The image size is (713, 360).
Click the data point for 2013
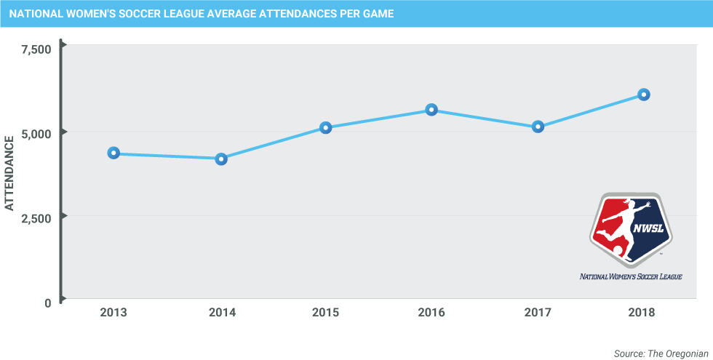pyautogui.click(x=113, y=153)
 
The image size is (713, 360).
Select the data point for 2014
pyautogui.click(x=221, y=159)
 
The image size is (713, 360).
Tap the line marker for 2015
pyautogui.click(x=326, y=127)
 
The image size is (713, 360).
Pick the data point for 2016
pyautogui.click(x=431, y=110)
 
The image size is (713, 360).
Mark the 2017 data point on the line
pyautogui.click(x=538, y=127)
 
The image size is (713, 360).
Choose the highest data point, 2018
pyautogui.click(x=643, y=95)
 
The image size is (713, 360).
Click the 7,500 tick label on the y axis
pyautogui.click(x=36, y=49)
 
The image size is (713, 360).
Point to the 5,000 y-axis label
pyautogui.click(x=36, y=134)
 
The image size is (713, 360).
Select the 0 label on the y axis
pyautogui.click(x=47, y=303)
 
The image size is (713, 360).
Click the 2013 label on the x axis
pyautogui.click(x=113, y=313)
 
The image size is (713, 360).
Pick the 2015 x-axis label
pyautogui.click(x=326, y=313)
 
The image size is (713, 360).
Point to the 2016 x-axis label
pyautogui.click(x=431, y=313)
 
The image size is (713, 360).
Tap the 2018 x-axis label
pyautogui.click(x=643, y=313)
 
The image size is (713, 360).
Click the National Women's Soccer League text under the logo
pyautogui.click(x=630, y=276)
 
